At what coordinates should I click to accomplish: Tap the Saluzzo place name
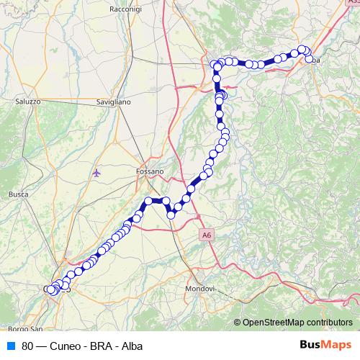point(27,102)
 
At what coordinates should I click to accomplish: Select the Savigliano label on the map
point(113,102)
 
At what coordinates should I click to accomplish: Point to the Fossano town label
point(150,171)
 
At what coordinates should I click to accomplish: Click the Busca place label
point(17,194)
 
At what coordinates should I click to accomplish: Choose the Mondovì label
point(200,288)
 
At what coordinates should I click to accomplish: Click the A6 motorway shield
point(207,234)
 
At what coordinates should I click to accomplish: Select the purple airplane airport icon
point(97,173)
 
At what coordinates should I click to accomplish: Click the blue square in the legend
point(11,346)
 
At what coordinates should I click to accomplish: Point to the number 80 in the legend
point(28,346)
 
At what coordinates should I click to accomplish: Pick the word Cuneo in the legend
point(66,346)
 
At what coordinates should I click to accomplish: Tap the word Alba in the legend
point(132,346)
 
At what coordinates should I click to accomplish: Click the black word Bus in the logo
point(312,345)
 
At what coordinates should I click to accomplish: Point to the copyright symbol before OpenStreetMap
point(237,323)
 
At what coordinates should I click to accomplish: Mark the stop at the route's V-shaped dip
point(171,214)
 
